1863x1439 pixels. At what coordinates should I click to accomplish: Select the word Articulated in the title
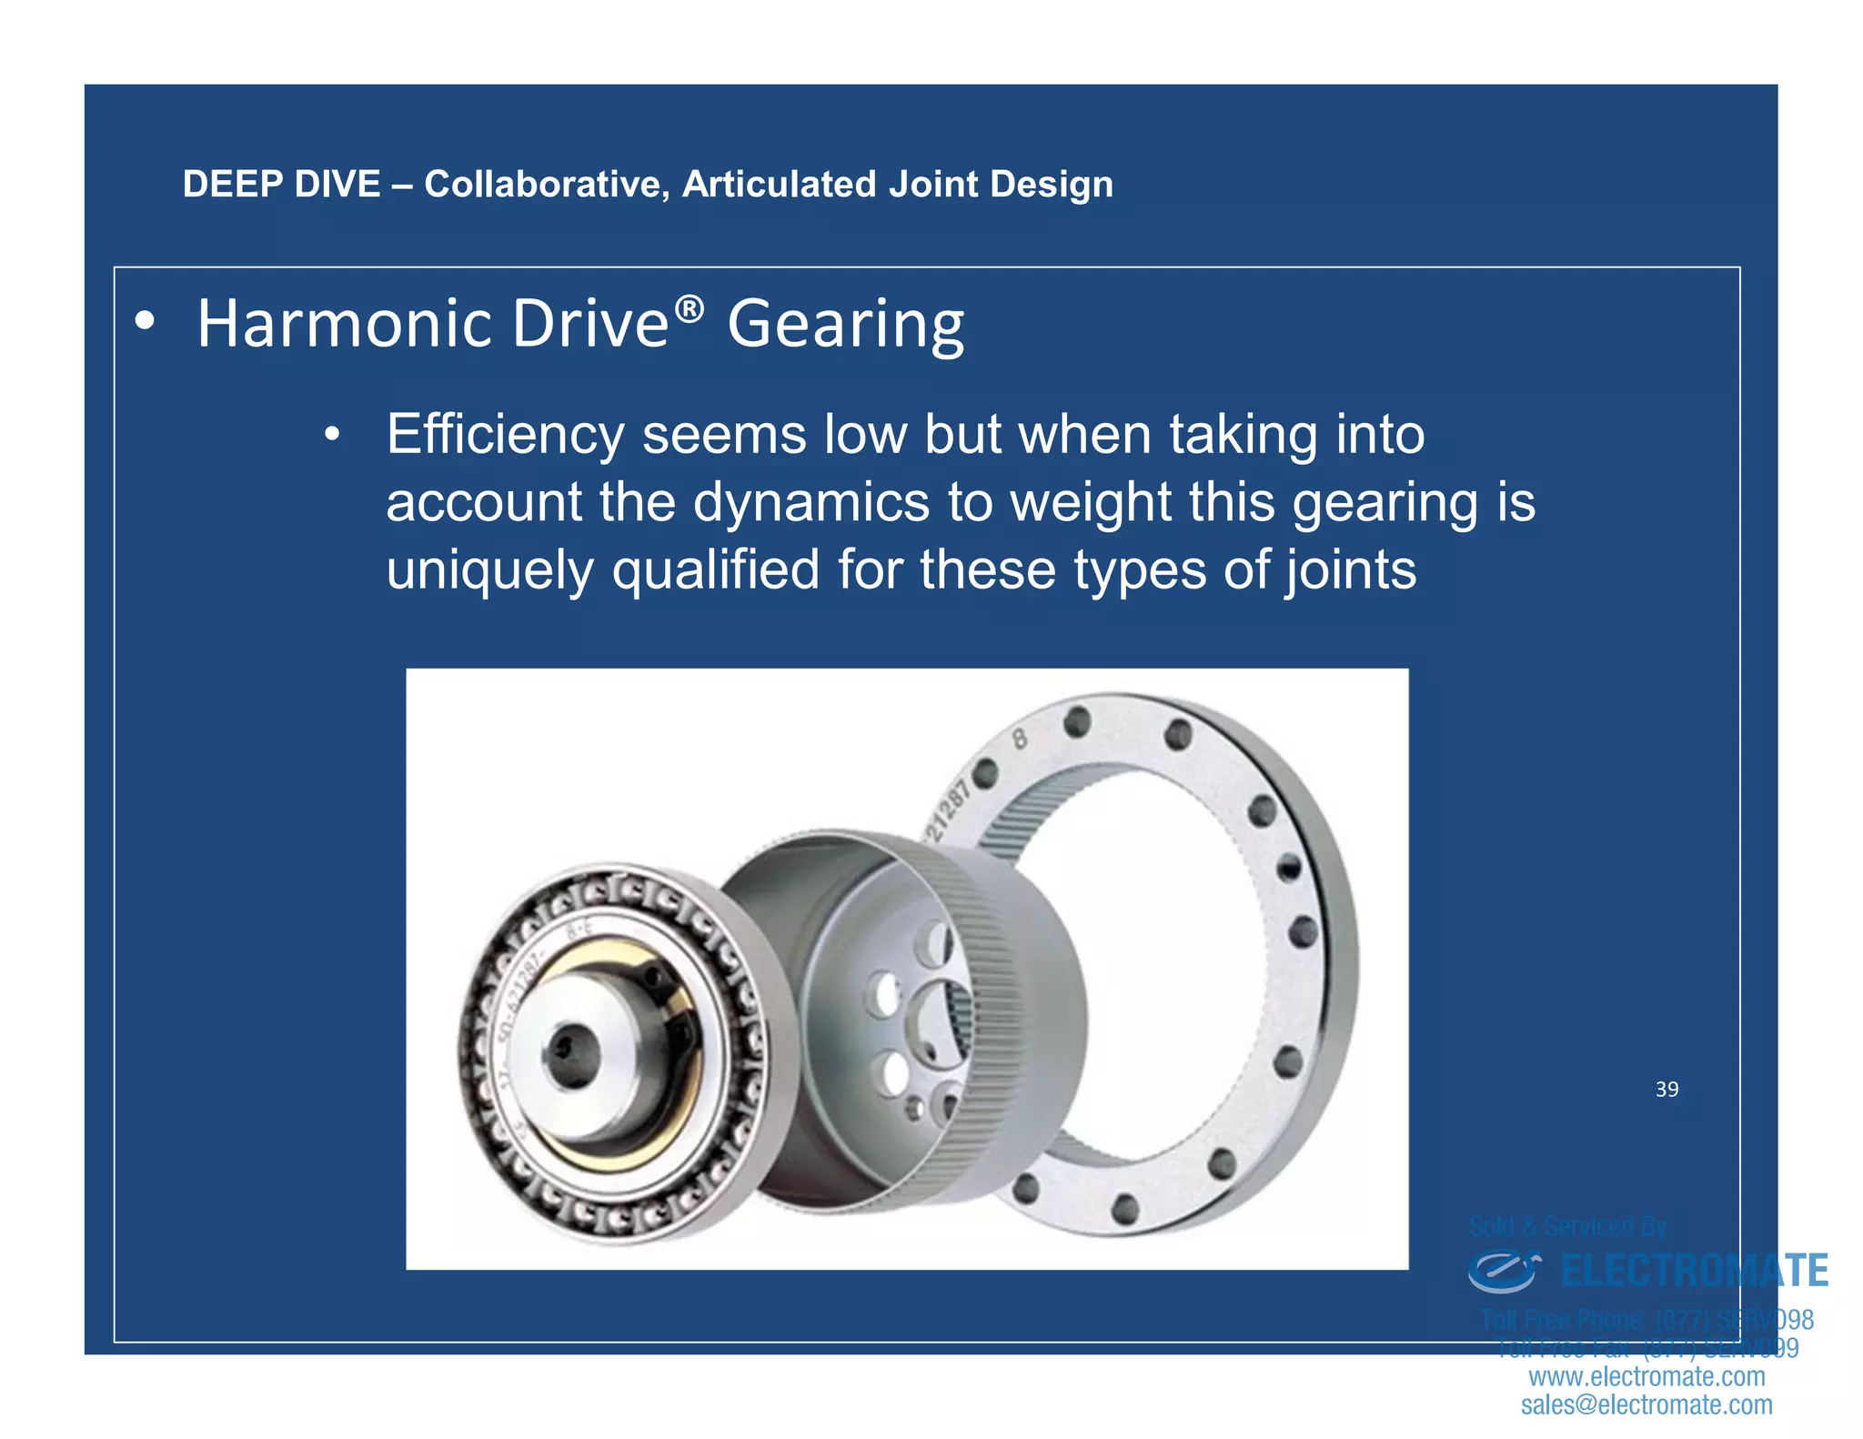pyautogui.click(x=779, y=185)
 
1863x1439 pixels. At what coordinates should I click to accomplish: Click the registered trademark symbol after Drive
pyautogui.click(x=690, y=310)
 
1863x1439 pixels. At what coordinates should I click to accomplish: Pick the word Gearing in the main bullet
pyautogui.click(x=845, y=326)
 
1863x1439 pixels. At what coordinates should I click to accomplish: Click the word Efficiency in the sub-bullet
pyautogui.click(x=505, y=435)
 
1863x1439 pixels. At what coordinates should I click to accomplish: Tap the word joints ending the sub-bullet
pyautogui.click(x=1350, y=571)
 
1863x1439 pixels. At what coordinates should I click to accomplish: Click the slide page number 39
pyautogui.click(x=1667, y=1090)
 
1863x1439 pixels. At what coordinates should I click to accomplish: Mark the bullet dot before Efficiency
pyautogui.click(x=332, y=435)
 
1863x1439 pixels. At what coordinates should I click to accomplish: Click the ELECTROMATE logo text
pyautogui.click(x=1694, y=1271)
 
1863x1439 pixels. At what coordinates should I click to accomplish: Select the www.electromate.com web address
pyautogui.click(x=1646, y=1376)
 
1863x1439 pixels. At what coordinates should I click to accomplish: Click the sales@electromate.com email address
pyautogui.click(x=1646, y=1405)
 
